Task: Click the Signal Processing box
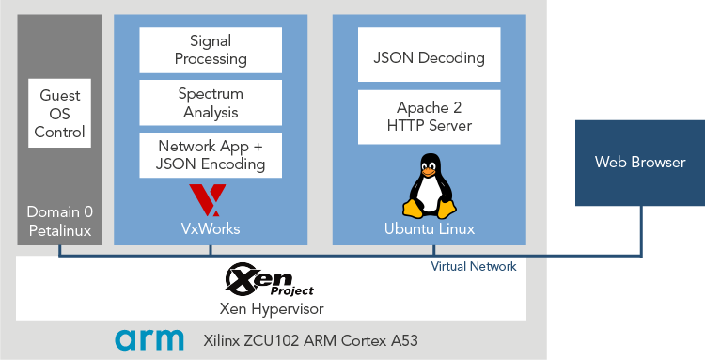(x=211, y=50)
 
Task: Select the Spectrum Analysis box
(x=211, y=102)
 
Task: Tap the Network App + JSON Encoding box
(x=211, y=155)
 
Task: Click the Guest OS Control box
(x=60, y=113)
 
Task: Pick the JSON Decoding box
(x=429, y=57)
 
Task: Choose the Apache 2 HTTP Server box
(x=429, y=117)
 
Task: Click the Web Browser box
(x=640, y=163)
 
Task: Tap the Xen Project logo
(x=270, y=280)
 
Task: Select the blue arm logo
(x=150, y=340)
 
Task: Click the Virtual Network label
(x=474, y=267)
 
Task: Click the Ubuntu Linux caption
(x=430, y=229)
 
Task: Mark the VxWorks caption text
(x=211, y=229)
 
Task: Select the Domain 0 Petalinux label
(x=59, y=221)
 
